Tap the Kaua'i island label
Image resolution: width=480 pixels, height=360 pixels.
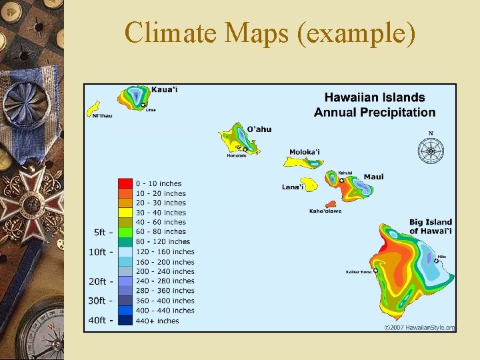[x=165, y=89]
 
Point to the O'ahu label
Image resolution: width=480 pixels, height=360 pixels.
[x=259, y=129]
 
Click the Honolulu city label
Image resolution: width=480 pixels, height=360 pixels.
[x=237, y=156]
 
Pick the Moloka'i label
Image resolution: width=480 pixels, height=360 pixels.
[x=304, y=152]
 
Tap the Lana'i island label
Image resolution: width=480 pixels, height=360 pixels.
[x=293, y=187]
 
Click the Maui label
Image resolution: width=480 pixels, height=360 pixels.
[x=373, y=177]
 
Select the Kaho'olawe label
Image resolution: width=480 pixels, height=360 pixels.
[x=325, y=211]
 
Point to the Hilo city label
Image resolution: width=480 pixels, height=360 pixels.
[x=441, y=256]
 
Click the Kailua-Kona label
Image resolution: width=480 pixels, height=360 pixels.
[x=359, y=271]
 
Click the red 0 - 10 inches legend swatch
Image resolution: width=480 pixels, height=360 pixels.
[x=125, y=183]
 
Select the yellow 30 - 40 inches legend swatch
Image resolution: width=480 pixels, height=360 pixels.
[x=125, y=213]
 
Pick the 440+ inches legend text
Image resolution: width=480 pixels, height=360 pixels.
[x=157, y=321]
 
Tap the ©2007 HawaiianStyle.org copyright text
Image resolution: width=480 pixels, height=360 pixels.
[x=419, y=327]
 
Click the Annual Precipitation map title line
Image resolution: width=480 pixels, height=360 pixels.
[x=375, y=113]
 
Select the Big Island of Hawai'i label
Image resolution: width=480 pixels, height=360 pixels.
[x=431, y=227]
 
